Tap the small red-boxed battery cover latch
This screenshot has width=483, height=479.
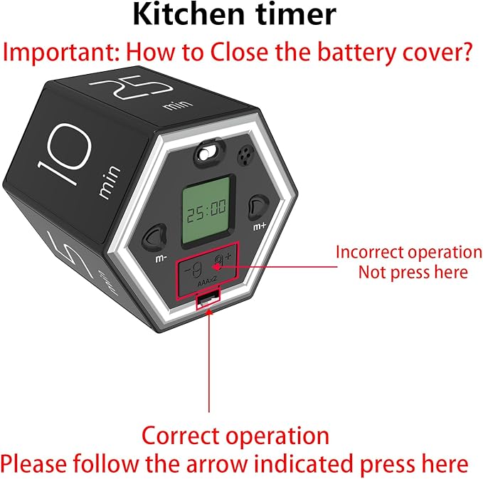[x=207, y=301]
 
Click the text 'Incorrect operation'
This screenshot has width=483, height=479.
[x=408, y=252]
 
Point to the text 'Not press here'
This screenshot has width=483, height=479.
[x=413, y=272]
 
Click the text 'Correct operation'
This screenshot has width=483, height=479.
[x=235, y=436]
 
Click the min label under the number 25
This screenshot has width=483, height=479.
[x=173, y=106]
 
